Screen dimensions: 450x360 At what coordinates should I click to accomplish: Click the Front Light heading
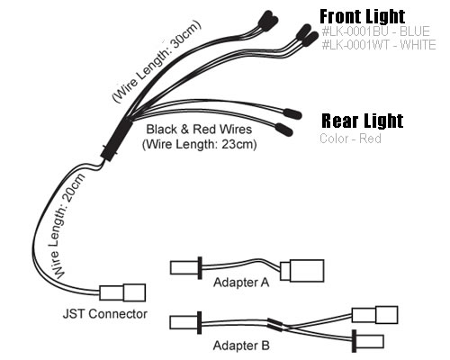[x=363, y=16]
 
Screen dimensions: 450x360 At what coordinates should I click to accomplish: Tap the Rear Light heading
[x=362, y=121]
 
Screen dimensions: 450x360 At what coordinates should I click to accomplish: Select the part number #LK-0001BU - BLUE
[x=375, y=31]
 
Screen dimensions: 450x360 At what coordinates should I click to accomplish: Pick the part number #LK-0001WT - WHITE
[x=379, y=45]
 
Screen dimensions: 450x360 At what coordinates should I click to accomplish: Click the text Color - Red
[x=350, y=139]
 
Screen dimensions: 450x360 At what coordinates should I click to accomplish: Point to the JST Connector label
[x=105, y=314]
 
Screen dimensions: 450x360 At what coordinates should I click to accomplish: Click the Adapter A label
[x=241, y=283]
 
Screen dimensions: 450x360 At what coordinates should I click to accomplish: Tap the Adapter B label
[x=241, y=346]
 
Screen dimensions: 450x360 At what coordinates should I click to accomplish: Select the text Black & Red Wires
[x=199, y=130]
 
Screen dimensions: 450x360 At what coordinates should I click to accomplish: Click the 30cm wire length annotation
[x=157, y=61]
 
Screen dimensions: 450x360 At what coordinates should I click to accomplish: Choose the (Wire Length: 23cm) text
[x=200, y=144]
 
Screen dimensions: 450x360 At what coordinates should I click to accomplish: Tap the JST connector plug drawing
[x=122, y=292]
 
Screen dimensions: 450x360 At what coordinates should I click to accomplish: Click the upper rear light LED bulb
[x=292, y=114]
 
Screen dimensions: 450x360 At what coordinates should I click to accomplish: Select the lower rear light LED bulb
[x=283, y=130]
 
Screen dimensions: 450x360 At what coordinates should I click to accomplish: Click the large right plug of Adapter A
[x=302, y=271]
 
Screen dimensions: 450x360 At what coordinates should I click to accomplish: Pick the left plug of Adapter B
[x=180, y=322]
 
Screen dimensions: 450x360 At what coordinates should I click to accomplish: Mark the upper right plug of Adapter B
[x=374, y=315]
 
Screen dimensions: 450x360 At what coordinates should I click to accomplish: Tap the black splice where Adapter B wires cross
[x=274, y=325]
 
